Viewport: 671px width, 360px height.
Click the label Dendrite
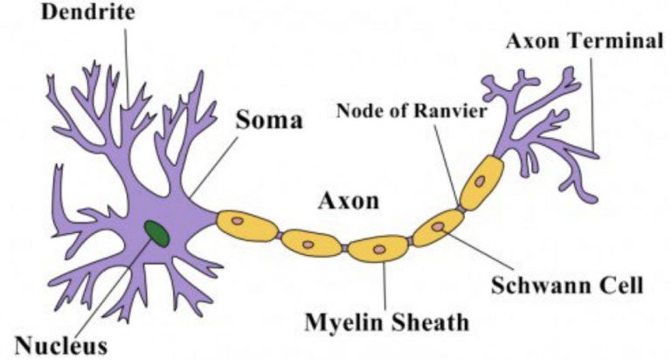88,12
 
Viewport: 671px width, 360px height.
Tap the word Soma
269,120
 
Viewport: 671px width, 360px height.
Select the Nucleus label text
61,345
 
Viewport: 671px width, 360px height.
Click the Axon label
349,200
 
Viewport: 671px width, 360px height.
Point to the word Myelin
343,322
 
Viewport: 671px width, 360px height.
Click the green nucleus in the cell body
156,233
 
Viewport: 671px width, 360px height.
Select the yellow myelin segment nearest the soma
247,226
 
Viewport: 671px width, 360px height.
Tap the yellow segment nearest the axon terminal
482,183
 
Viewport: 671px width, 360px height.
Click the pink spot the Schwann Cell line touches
438,226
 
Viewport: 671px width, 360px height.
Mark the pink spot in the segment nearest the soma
237,221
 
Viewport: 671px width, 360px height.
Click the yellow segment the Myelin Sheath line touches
377,248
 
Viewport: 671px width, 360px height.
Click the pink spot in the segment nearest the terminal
481,181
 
